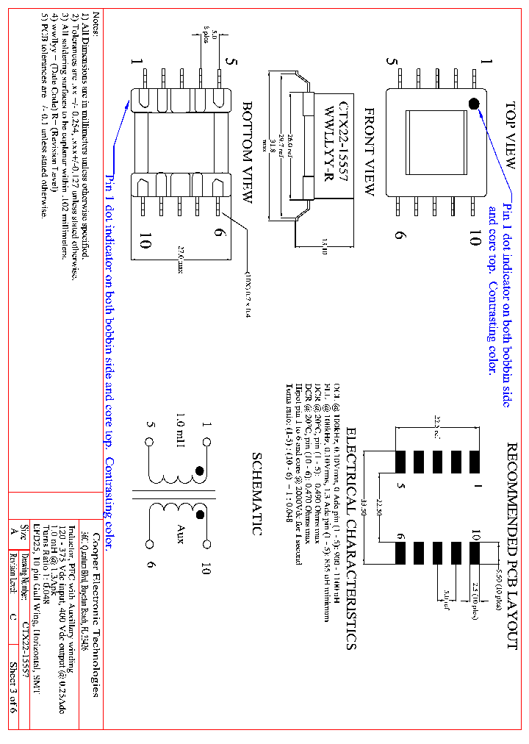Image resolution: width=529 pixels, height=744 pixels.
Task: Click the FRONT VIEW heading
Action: pyautogui.click(x=370, y=151)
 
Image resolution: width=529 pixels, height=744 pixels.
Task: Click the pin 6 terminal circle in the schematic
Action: pyautogui.click(x=149, y=544)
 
